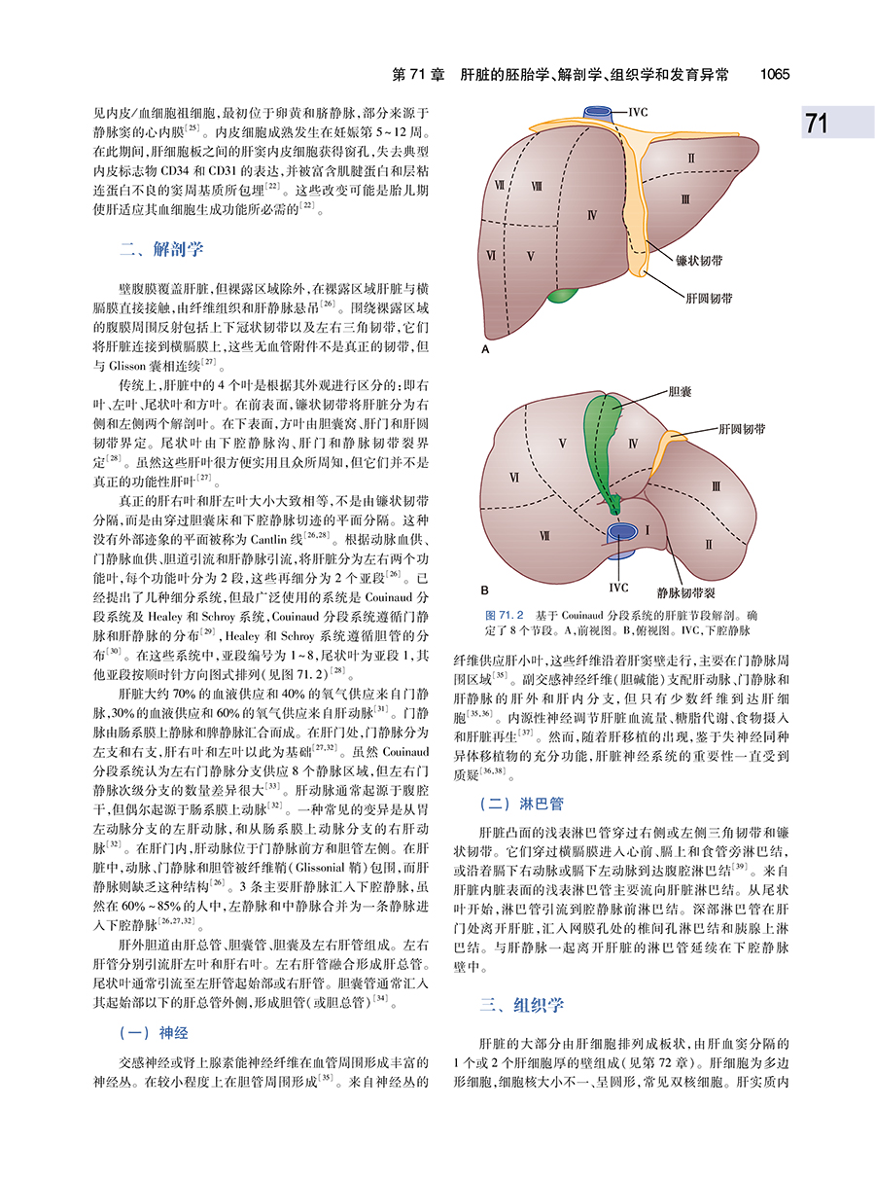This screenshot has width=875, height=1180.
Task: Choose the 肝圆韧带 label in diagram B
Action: click(741, 427)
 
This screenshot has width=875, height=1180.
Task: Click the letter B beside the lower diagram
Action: click(484, 590)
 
